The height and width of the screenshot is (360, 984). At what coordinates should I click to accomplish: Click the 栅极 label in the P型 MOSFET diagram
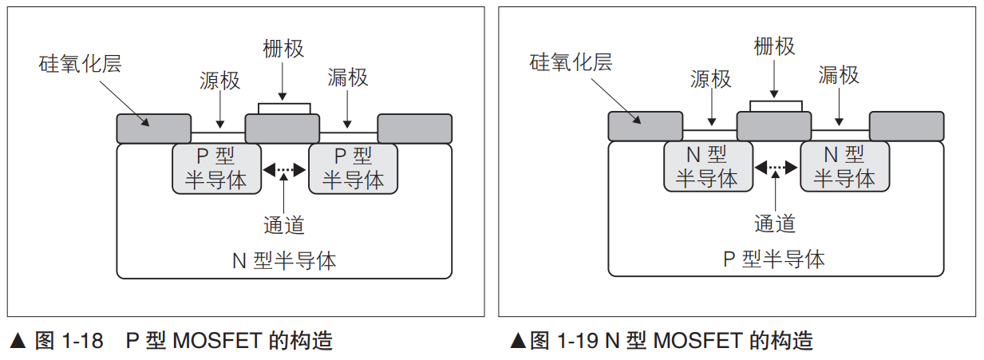(283, 49)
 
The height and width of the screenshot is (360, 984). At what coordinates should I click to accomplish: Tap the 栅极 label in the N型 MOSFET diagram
(774, 46)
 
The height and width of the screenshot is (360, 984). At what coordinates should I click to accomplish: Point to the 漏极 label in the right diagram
(839, 75)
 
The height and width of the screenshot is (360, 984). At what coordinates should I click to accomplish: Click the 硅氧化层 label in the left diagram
(80, 64)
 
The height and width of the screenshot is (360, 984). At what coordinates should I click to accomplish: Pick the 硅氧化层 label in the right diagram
(571, 61)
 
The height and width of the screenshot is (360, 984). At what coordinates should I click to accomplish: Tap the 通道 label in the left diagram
(284, 225)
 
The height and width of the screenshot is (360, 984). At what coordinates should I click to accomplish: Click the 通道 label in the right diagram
(775, 223)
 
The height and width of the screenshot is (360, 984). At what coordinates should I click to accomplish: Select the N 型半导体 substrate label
(284, 260)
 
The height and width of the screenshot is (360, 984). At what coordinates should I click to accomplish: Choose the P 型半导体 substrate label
(774, 259)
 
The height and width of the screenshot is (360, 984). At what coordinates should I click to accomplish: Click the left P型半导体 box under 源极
(216, 168)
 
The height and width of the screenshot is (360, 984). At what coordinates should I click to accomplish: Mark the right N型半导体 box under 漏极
(844, 167)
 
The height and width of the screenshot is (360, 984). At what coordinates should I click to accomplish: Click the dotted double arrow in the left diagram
(285, 169)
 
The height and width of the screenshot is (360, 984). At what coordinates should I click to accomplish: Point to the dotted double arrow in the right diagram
(776, 167)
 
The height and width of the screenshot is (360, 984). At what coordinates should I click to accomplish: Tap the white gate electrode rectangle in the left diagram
(284, 109)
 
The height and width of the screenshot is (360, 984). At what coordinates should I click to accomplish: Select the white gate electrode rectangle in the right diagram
(776, 106)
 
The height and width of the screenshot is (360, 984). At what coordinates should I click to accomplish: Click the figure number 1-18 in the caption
(82, 342)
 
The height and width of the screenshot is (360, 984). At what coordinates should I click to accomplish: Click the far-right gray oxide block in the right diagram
(906, 126)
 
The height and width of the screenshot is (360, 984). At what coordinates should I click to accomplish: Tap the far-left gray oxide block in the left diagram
(154, 129)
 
